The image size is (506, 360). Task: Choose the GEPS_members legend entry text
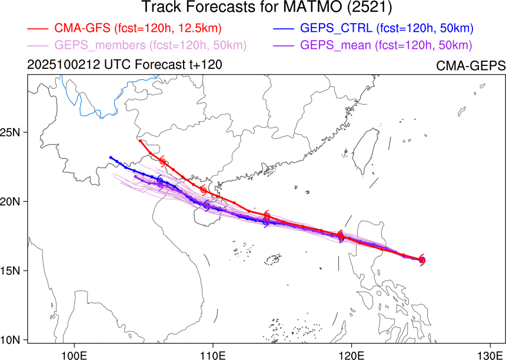(151, 45)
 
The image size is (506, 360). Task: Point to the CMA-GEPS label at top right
(471, 66)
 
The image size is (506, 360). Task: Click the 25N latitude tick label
(12, 132)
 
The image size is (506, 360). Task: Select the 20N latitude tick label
(12, 202)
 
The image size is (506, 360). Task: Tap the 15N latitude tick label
(12, 271)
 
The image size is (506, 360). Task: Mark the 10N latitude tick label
(12, 339)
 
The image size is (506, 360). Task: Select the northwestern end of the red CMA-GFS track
(139, 141)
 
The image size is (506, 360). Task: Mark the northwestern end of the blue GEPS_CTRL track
(111, 157)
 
